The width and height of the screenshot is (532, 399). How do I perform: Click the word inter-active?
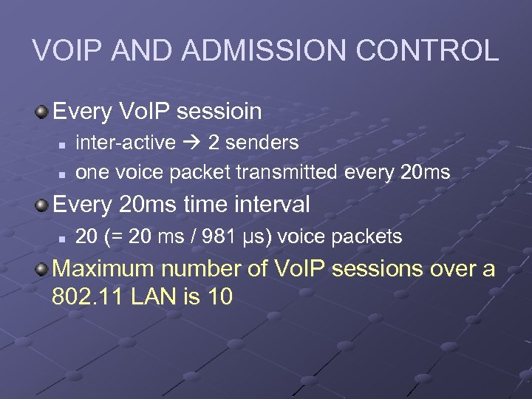point(126,142)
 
